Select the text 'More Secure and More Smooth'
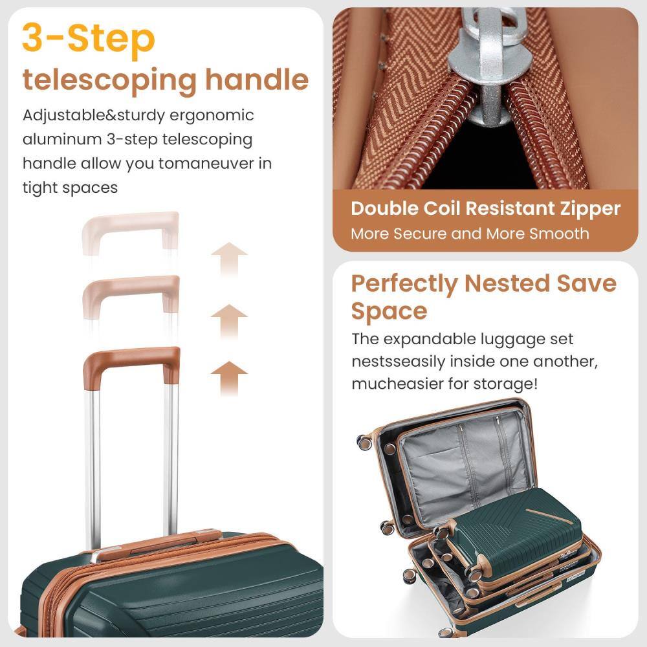470,234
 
